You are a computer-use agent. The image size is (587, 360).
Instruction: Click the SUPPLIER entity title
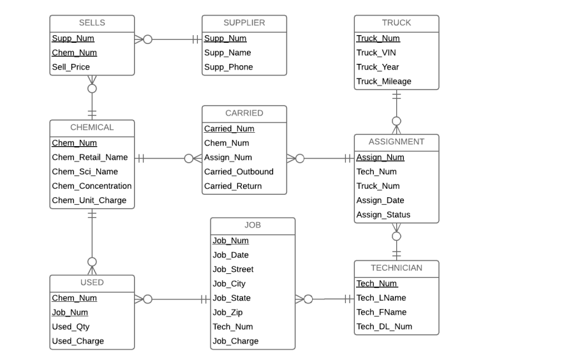[244, 23]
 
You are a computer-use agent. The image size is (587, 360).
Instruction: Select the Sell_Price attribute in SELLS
[71, 67]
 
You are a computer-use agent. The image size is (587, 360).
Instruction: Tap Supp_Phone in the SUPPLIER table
[228, 67]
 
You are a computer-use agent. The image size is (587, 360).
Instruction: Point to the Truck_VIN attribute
[376, 52]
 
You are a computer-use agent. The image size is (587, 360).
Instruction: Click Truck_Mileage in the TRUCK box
[383, 81]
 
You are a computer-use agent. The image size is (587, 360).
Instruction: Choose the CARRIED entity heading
[244, 113]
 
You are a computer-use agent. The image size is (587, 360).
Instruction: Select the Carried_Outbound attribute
[239, 172]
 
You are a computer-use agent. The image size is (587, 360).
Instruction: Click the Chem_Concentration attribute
[91, 186]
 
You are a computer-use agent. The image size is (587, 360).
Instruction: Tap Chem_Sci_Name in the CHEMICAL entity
[84, 172]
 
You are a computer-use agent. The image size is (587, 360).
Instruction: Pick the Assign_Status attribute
[383, 214]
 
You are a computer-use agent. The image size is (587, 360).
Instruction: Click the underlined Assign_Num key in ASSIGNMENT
[380, 157]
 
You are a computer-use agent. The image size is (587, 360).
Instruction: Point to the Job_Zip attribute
[227, 312]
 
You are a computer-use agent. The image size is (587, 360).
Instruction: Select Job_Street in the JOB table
[233, 269]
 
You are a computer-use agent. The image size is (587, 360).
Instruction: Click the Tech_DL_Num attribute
[384, 326]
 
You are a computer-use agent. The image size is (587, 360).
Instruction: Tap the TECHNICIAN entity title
[396, 267]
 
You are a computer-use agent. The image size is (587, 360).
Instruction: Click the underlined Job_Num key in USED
[70, 312]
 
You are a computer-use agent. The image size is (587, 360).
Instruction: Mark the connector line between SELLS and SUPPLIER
[172, 40]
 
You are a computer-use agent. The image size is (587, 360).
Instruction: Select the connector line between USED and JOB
[175, 299]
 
